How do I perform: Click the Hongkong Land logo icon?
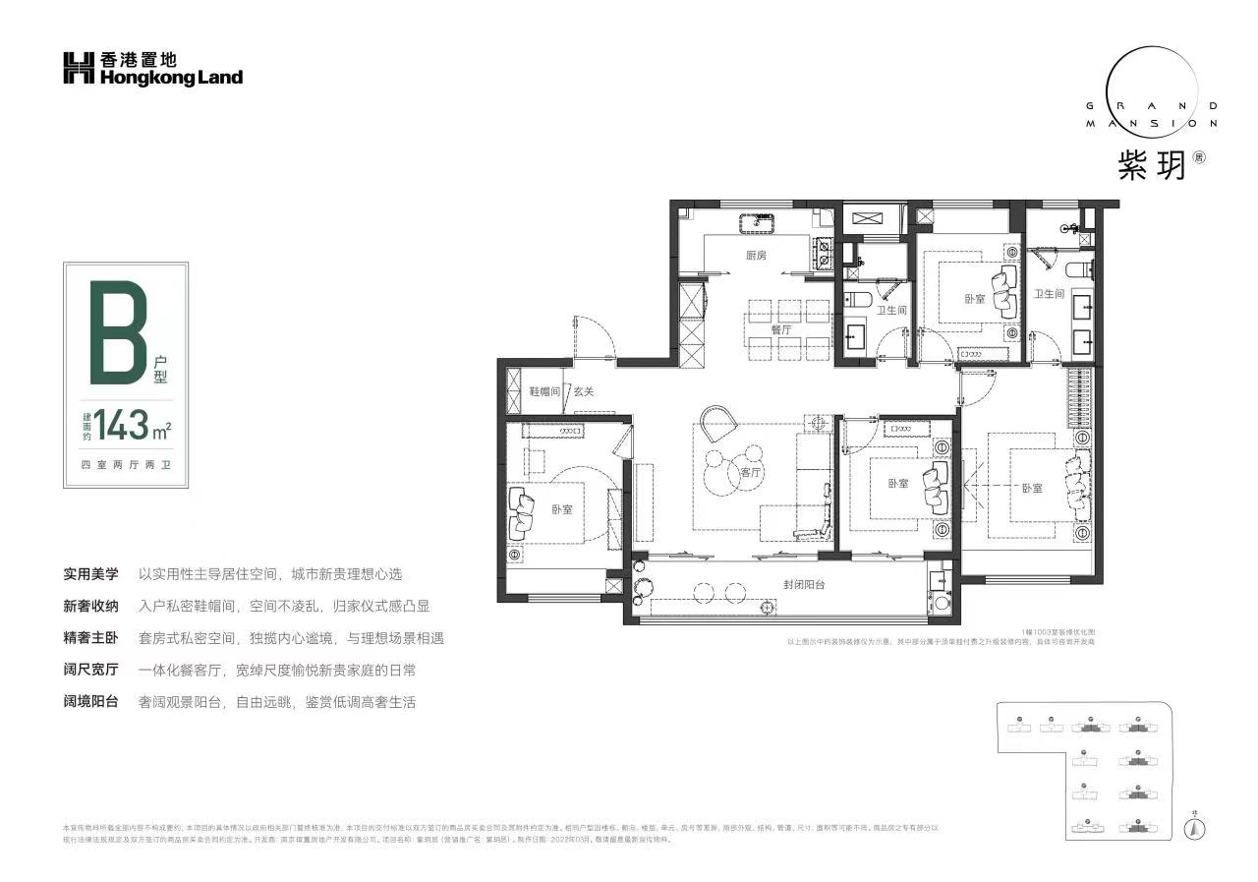pos(79,69)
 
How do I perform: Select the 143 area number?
pos(120,425)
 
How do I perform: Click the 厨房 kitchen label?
pos(755,256)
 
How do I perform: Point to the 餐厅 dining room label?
pos(781,330)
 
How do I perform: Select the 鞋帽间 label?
pos(545,391)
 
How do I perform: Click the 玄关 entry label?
pos(584,391)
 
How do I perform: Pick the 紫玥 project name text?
pos(1150,163)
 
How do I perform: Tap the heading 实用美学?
pos(91,574)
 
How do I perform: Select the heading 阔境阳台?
pos(91,702)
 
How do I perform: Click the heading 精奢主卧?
pos(91,638)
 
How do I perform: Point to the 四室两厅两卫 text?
pos(125,464)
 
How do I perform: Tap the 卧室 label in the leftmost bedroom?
pos(561,509)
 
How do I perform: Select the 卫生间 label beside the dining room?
pos(891,311)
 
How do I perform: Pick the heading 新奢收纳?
pos(91,606)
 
